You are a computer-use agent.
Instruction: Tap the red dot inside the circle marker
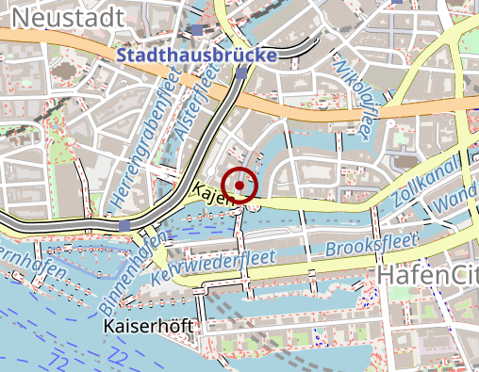(240, 186)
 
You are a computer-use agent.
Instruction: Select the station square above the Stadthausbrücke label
(197, 30)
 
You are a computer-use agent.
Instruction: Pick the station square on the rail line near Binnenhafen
(124, 226)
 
